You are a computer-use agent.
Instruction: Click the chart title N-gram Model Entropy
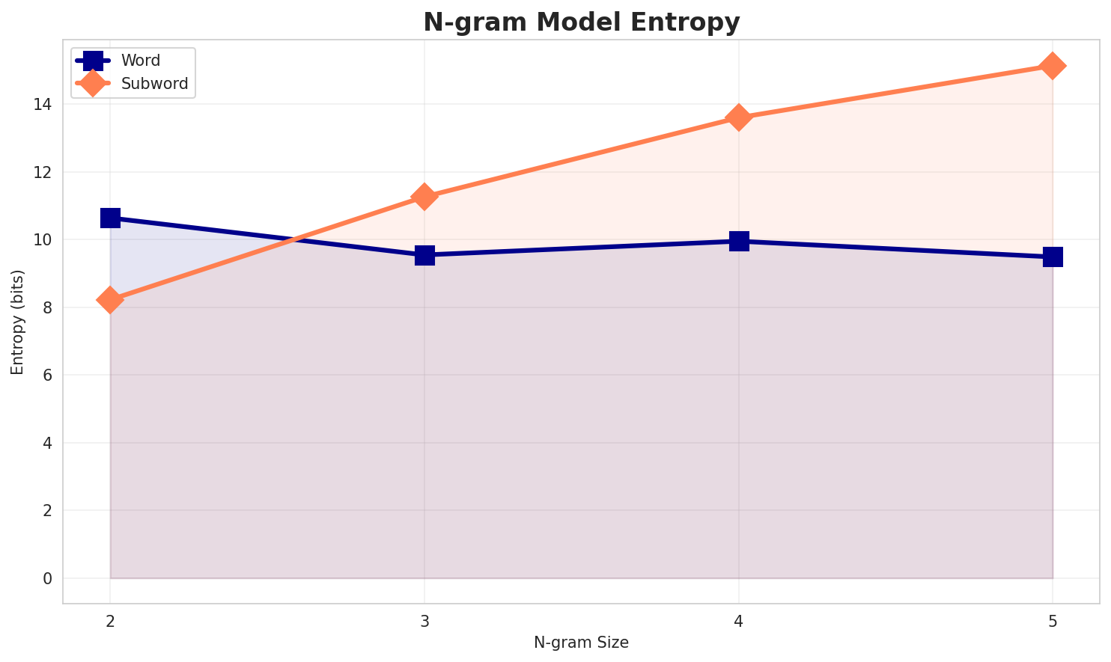point(581,22)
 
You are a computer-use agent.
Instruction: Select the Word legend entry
point(141,61)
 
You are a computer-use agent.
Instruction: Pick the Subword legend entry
point(154,84)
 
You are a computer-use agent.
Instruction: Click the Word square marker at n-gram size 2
point(110,218)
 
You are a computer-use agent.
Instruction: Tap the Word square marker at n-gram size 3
point(424,255)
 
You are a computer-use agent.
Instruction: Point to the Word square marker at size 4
point(739,241)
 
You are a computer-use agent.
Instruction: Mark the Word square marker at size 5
point(1053,257)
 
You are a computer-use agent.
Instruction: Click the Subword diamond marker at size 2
point(110,300)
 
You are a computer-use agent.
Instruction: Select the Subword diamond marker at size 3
point(424,197)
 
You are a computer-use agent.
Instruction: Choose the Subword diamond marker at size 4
point(739,117)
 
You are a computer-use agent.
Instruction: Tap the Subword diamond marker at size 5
point(1053,66)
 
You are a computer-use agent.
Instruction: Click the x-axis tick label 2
point(110,621)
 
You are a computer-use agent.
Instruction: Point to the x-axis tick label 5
point(1053,621)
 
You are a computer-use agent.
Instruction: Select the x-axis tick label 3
point(424,621)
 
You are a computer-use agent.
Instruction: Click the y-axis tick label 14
point(43,105)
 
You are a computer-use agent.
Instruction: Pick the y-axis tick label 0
point(47,579)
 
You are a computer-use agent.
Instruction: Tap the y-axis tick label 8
point(47,308)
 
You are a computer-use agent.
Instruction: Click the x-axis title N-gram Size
point(581,643)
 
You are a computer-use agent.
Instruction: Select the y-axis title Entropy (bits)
point(17,322)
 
